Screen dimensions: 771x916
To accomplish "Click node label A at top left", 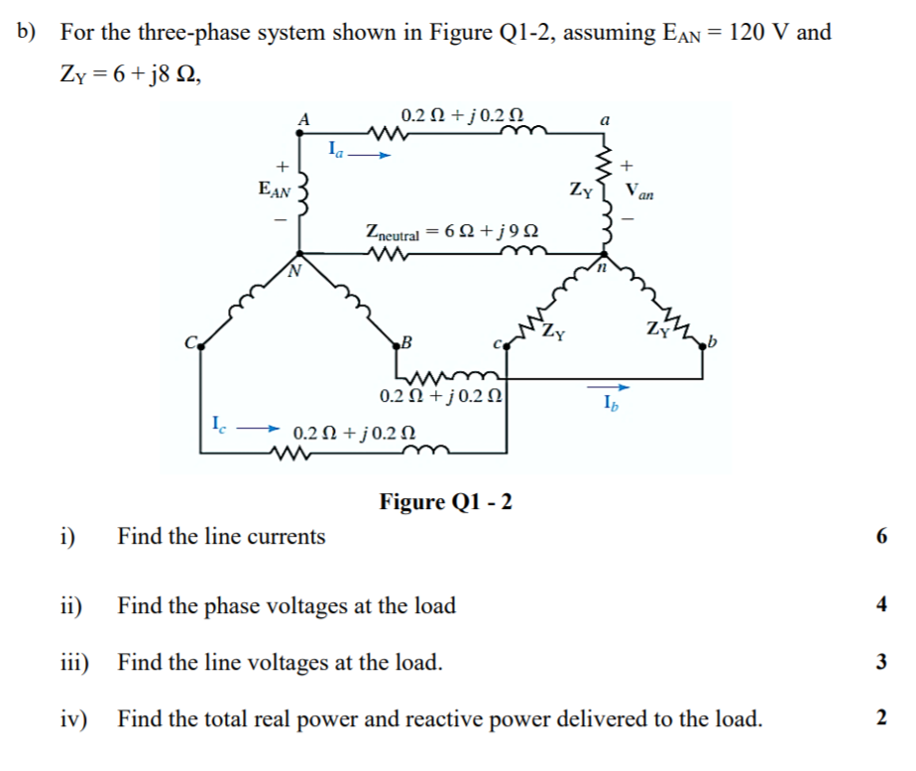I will coord(304,119).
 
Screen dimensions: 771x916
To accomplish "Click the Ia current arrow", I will coord(368,155).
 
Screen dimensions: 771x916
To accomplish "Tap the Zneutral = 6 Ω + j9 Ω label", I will coord(452,234).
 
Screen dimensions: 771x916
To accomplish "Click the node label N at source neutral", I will coord(294,270).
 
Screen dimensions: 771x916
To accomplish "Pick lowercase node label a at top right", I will coord(606,120).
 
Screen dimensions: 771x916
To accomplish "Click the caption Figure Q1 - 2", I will coord(445,501).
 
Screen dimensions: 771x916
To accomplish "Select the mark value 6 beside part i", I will coord(882,537).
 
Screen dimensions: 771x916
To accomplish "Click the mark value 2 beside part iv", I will coord(882,718).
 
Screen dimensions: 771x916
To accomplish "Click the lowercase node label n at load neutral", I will coord(599,267).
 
